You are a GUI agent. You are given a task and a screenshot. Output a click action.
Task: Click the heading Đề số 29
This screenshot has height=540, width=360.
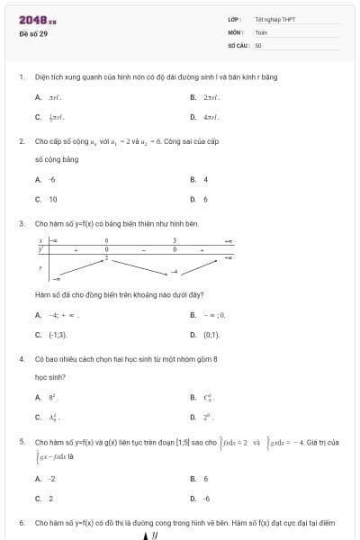(x=33, y=33)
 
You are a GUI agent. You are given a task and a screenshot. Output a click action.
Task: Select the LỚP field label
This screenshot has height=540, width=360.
(x=233, y=19)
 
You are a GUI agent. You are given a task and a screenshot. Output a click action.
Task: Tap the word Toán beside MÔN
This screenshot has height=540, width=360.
(x=261, y=31)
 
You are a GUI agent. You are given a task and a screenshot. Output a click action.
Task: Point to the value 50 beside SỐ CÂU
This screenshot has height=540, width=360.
(x=257, y=43)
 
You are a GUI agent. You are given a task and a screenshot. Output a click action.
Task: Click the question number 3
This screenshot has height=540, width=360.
(x=21, y=222)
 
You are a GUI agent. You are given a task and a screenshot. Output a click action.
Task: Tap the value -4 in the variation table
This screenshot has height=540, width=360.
(x=175, y=271)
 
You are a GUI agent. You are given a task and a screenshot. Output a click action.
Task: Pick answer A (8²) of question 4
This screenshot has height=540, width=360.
(x=53, y=397)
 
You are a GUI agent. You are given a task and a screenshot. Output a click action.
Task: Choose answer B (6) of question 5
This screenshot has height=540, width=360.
(x=205, y=479)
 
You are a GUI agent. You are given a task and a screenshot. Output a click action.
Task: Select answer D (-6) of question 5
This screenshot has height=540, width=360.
(x=206, y=499)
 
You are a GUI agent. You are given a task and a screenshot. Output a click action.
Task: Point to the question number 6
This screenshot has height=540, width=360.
(x=21, y=522)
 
